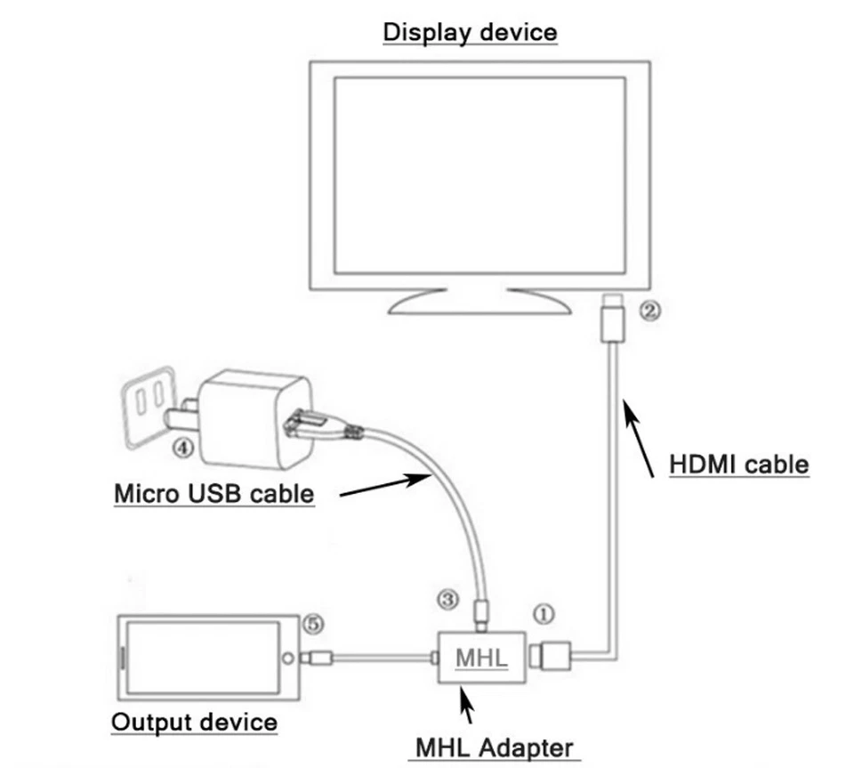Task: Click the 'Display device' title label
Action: click(470, 33)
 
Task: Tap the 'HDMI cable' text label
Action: click(738, 464)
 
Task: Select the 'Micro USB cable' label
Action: click(214, 492)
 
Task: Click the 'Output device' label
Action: click(194, 721)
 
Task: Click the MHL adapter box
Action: click(481, 659)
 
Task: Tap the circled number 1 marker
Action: click(544, 613)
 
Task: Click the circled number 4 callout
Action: click(181, 448)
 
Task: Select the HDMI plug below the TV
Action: click(614, 319)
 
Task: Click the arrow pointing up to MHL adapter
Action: click(466, 707)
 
